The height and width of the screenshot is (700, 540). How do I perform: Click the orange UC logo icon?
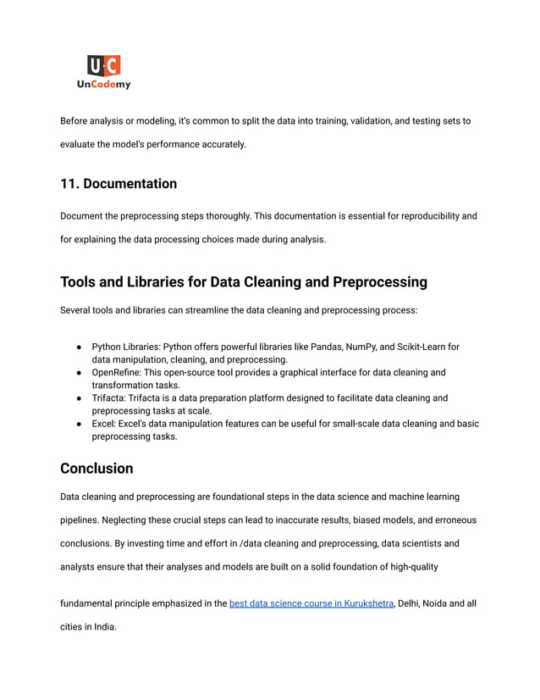104,65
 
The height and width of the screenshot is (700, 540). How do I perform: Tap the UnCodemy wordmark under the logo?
104,85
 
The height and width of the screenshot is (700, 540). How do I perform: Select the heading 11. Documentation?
118,184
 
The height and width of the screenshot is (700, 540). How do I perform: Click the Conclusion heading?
96,469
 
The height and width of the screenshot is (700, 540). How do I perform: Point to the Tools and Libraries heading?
243,282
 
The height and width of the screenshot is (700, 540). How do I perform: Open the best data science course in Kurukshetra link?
311,603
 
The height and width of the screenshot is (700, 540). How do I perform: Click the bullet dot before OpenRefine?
78,373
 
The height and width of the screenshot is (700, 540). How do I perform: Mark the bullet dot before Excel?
78,424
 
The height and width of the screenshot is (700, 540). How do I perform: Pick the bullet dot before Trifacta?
78,398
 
